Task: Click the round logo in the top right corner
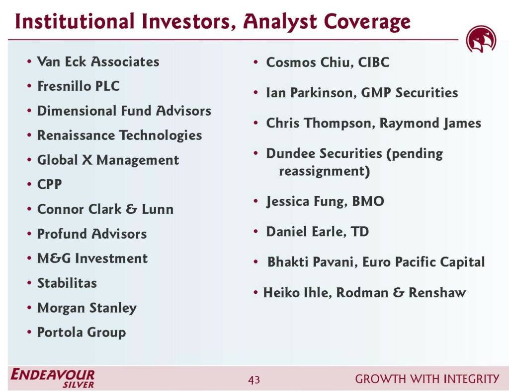tap(481, 40)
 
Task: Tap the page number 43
tap(254, 379)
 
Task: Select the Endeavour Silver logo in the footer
tap(53, 378)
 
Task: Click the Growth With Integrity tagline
tap(427, 379)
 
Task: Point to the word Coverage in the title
tap(367, 22)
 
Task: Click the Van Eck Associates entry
tap(98, 62)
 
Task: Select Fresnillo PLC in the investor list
tap(78, 86)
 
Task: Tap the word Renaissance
tap(76, 135)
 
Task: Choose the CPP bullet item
tap(49, 184)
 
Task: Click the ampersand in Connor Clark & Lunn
tap(131, 209)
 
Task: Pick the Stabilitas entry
tap(67, 283)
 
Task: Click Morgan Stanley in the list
tap(86, 308)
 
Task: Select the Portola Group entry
tap(82, 332)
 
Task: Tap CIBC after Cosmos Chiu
tap(373, 62)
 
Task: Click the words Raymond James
tap(430, 123)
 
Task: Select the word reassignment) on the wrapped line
tap(324, 171)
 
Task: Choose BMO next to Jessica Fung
tap(368, 201)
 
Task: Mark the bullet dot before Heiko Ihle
tap(256, 293)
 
